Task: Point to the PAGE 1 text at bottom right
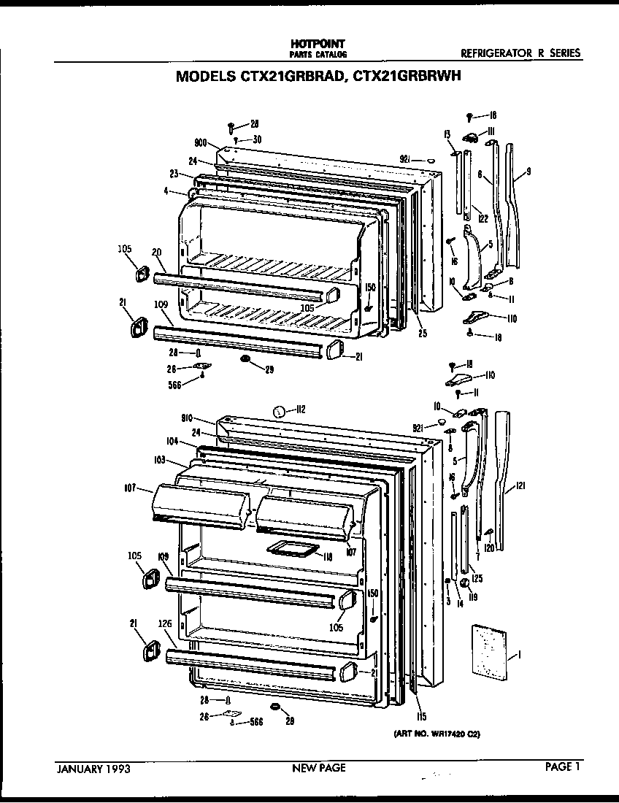[x=563, y=766]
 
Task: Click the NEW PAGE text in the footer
[x=319, y=767]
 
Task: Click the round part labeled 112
[x=279, y=412]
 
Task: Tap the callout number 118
[x=328, y=556]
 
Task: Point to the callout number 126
[x=165, y=624]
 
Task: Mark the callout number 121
[x=519, y=485]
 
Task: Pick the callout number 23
[x=174, y=174]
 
